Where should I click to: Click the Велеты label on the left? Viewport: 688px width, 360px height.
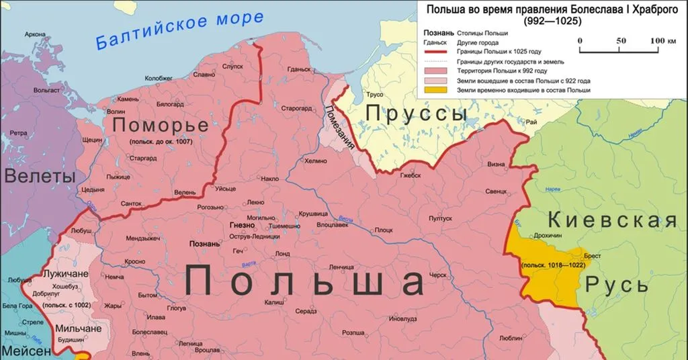pos(39,177)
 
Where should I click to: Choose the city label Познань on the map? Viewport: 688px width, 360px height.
pos(205,244)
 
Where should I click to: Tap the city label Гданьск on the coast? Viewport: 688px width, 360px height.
pos(298,69)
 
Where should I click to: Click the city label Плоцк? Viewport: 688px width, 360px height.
pos(384,230)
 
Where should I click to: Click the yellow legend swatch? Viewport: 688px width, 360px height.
pos(437,89)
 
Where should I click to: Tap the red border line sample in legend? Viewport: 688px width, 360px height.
pos(437,52)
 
